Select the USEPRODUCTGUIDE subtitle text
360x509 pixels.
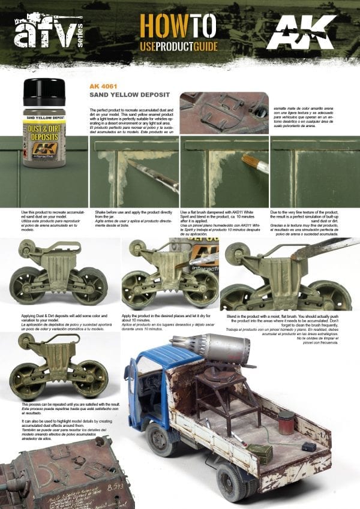pyautogui.click(x=179, y=46)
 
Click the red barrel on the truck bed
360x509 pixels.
pyautogui.click(x=286, y=420)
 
